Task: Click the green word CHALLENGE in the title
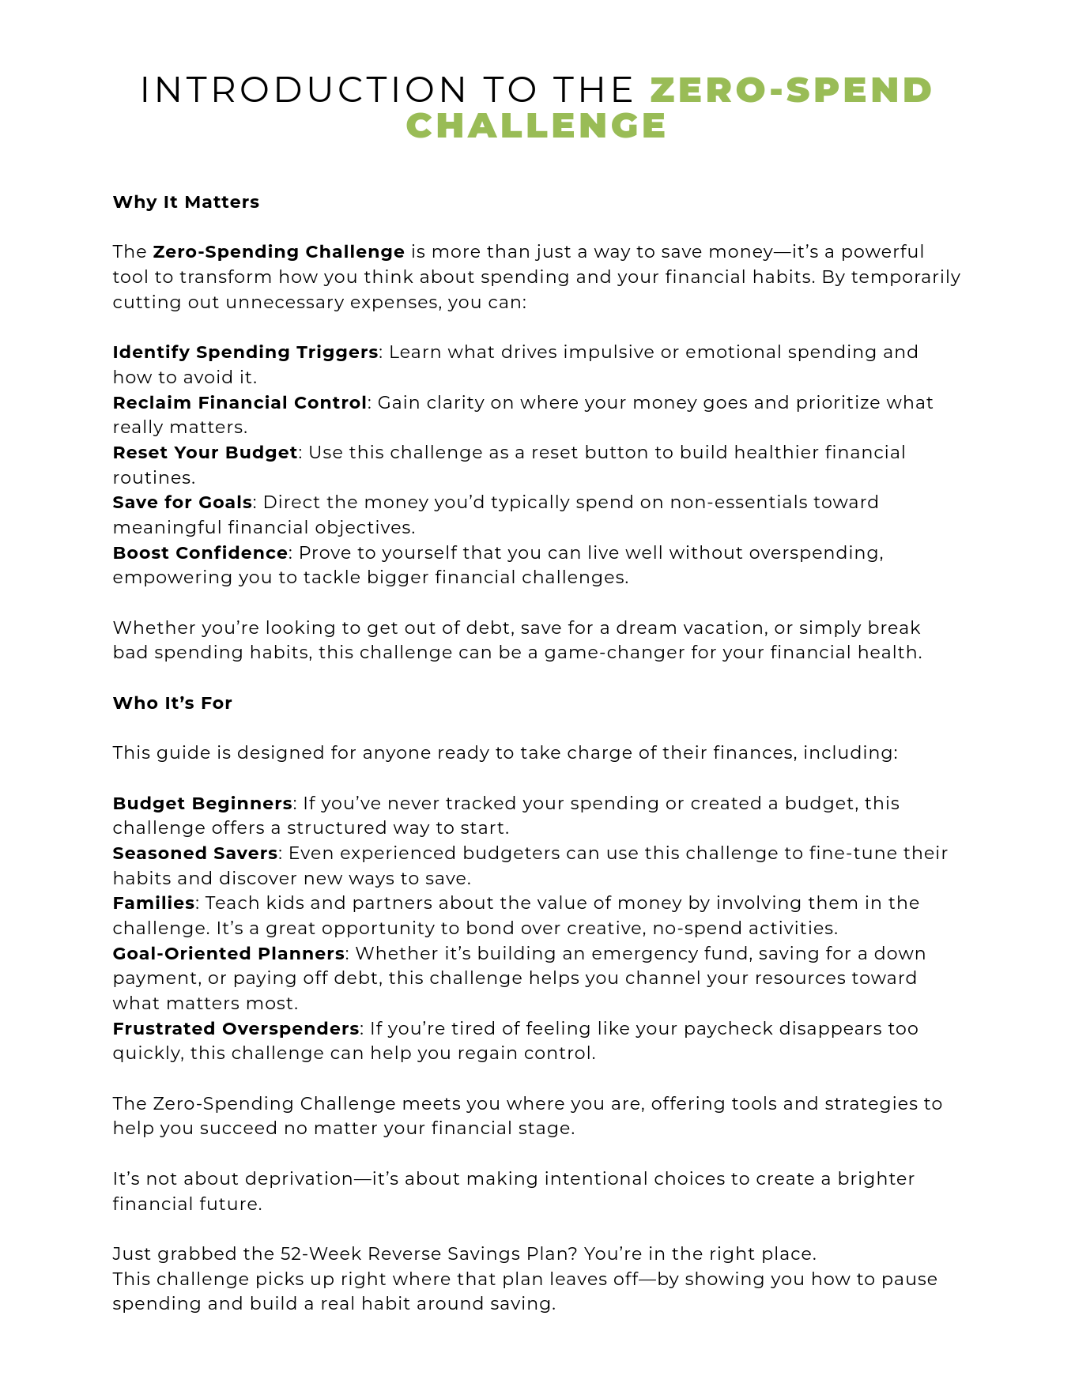[x=537, y=126]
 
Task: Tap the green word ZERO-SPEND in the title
[x=791, y=90]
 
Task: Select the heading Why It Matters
[x=186, y=202]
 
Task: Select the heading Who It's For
[x=172, y=703]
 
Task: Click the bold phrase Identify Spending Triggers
[x=245, y=352]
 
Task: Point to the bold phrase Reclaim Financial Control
[x=240, y=402]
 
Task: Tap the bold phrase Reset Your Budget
[x=205, y=452]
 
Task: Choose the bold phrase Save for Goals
[x=182, y=502]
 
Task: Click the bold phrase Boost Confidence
[x=200, y=552]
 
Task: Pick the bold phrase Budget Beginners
[x=202, y=803]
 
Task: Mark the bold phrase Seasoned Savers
[x=194, y=853]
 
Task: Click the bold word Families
[x=153, y=903]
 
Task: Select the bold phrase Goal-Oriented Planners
[x=228, y=953]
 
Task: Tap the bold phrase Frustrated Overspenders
[x=236, y=1028]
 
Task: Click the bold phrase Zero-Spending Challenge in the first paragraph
[x=278, y=252]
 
